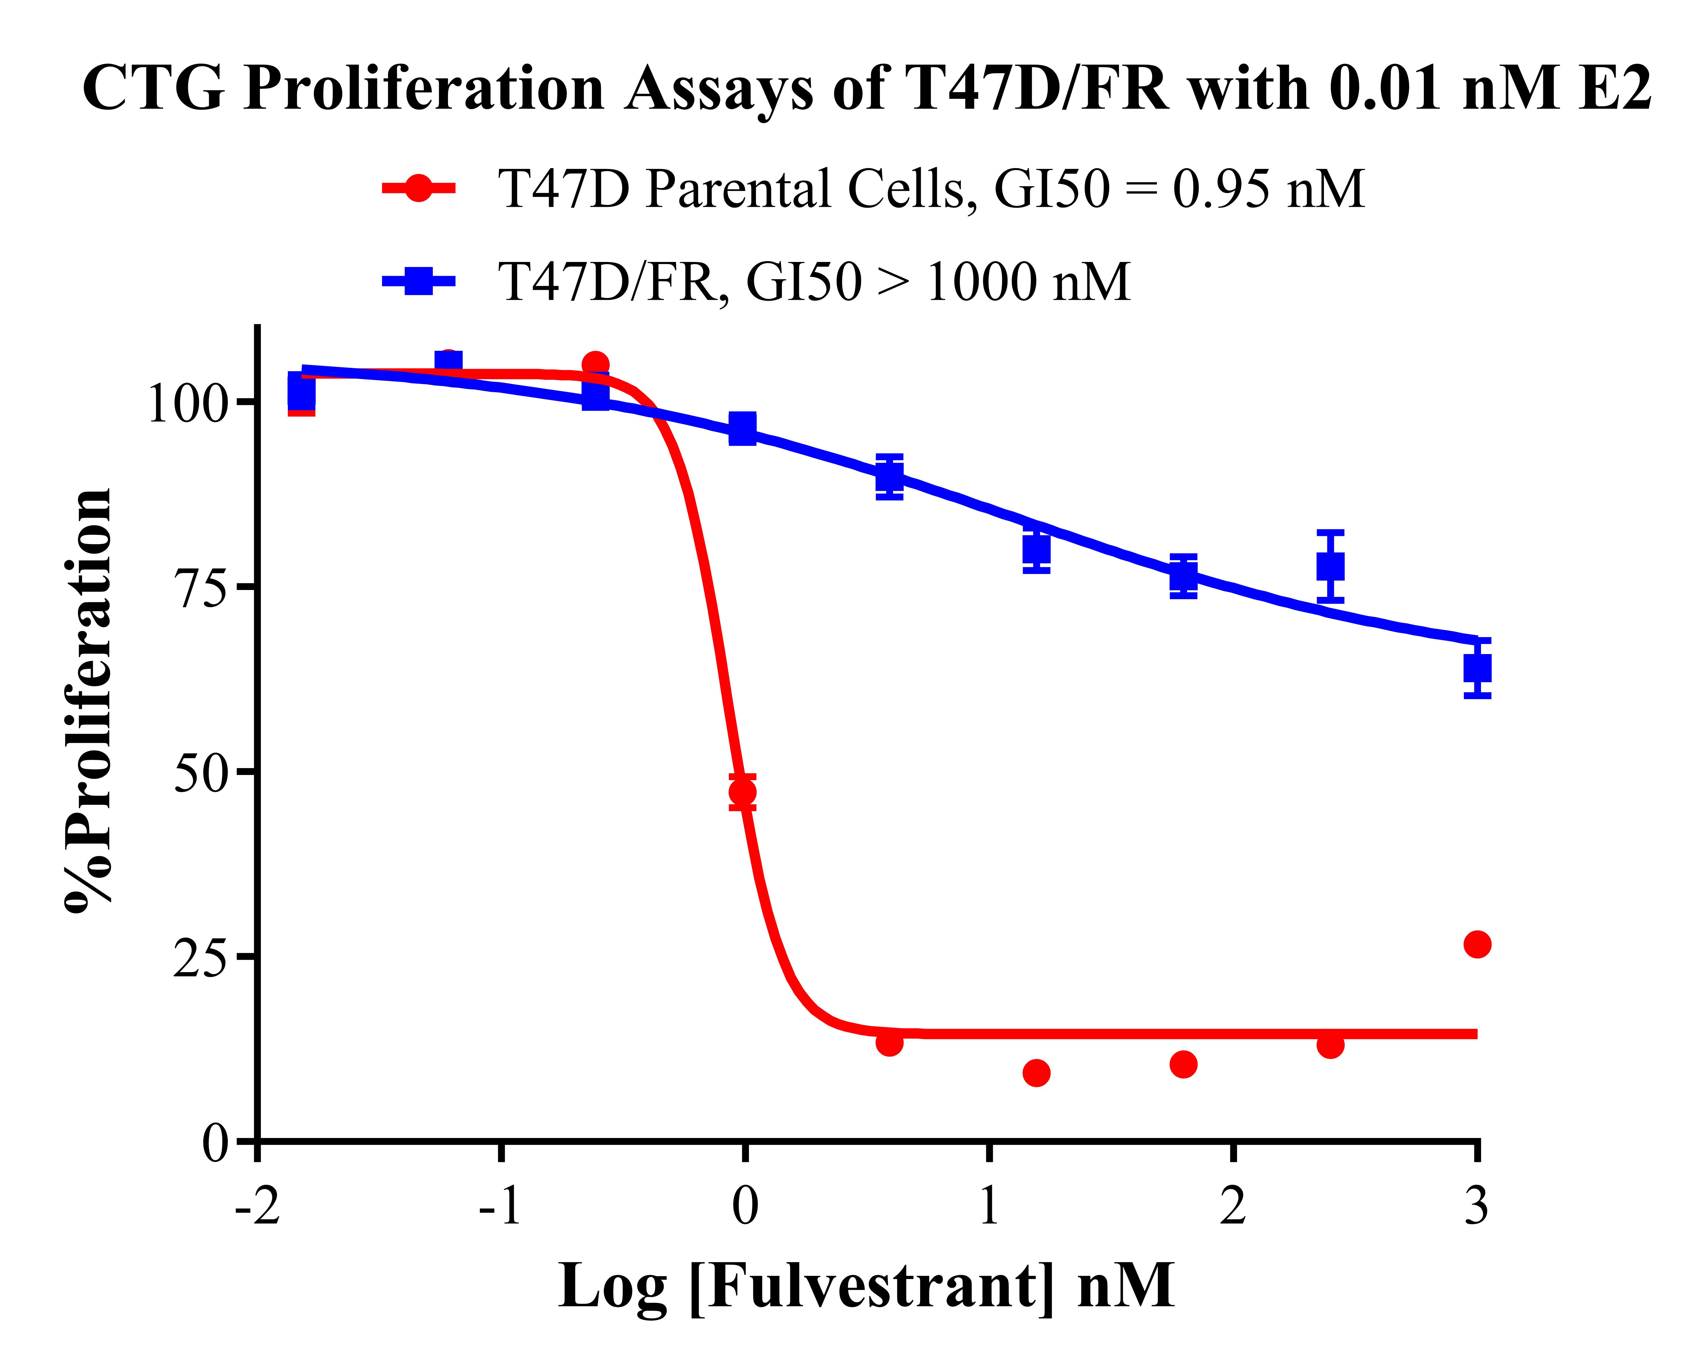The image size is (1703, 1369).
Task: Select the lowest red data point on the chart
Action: [1036, 1073]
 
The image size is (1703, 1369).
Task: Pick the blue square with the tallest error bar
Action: [1330, 566]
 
